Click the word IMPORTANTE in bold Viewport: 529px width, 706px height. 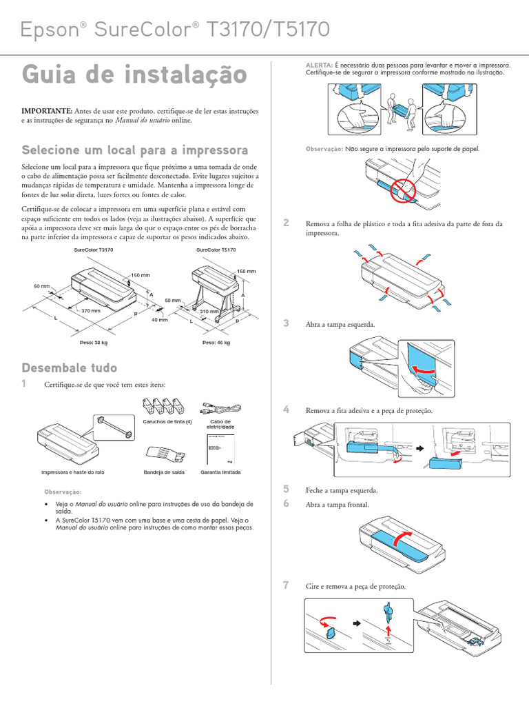47,110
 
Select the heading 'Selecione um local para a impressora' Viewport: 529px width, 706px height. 135,150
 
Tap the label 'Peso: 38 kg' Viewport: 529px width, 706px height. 94,342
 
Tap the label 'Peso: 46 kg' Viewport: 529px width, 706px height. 216,342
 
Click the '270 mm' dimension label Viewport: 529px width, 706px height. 91,311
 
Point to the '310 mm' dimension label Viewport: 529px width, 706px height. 209,311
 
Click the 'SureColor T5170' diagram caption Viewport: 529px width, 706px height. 216,250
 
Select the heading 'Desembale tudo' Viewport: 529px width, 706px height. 70,367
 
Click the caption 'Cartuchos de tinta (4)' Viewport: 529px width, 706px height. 167,421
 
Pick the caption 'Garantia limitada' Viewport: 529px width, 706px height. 220,472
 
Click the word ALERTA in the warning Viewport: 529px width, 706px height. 319,64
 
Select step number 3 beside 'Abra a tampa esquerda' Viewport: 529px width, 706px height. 286,323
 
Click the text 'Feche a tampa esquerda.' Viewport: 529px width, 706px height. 342,490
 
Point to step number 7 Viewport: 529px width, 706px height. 286,585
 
